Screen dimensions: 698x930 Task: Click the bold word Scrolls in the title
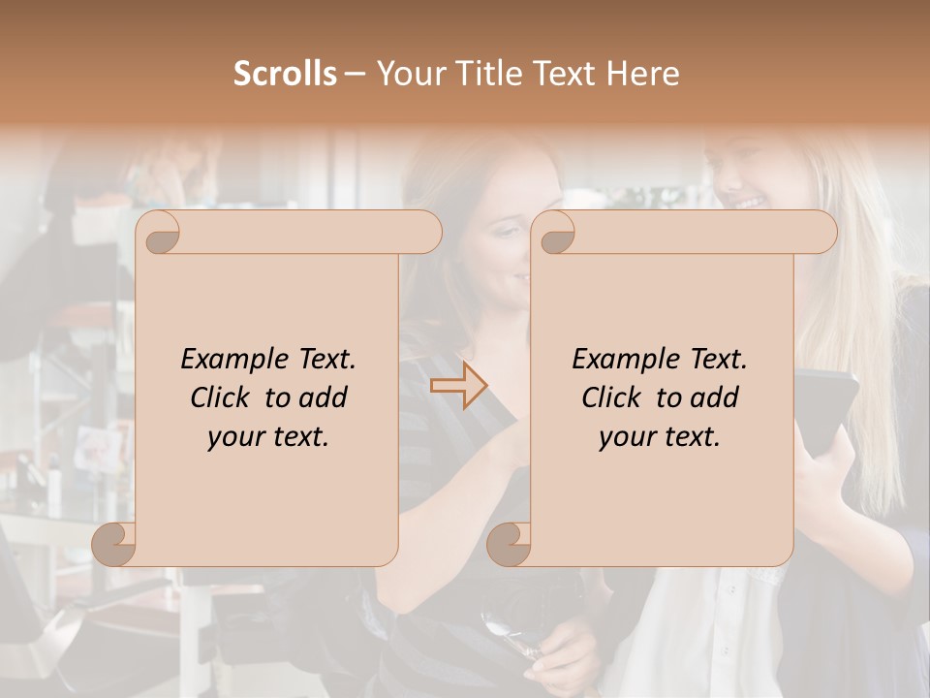point(285,74)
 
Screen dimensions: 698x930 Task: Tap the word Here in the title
point(643,74)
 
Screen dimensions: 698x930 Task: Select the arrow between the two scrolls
point(459,386)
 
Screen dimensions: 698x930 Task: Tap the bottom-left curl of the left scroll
point(115,544)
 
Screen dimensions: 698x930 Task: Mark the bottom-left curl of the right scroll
point(510,544)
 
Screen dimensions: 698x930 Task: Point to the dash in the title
point(355,75)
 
